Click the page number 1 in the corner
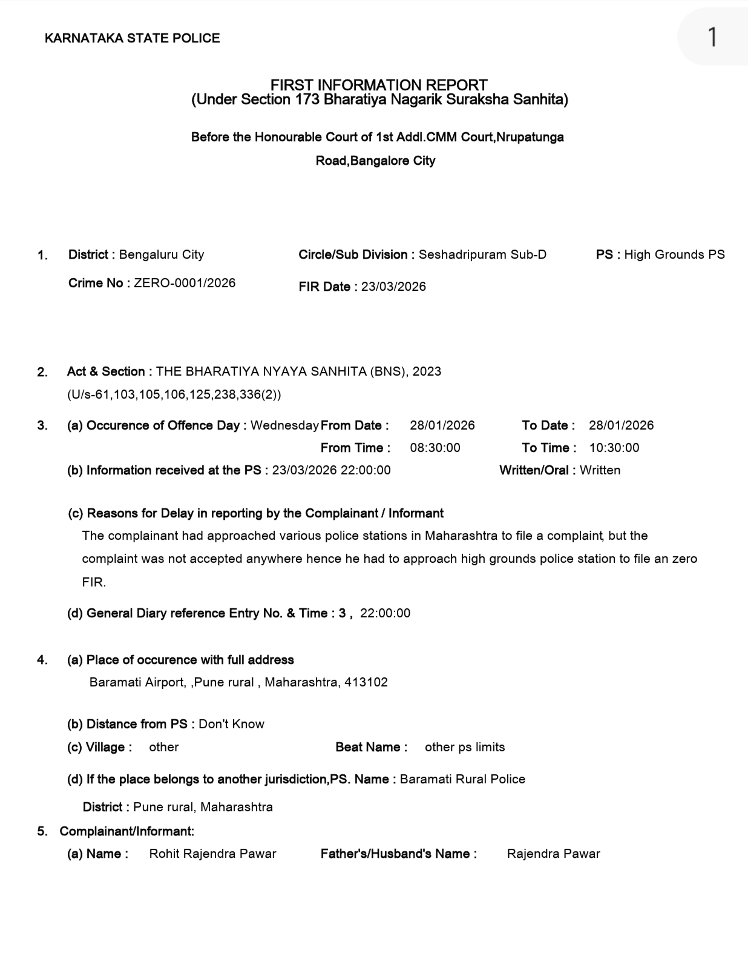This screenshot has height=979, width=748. [x=712, y=37]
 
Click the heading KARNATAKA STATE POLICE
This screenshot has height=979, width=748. [x=132, y=38]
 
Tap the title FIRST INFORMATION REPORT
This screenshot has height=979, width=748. [x=379, y=85]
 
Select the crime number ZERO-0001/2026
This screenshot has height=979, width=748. [x=185, y=283]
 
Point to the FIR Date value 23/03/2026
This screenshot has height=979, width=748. [x=393, y=287]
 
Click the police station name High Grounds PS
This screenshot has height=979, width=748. [x=674, y=254]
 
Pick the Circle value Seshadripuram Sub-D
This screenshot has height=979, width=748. [x=482, y=254]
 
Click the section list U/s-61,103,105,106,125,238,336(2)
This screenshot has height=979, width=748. [x=174, y=394]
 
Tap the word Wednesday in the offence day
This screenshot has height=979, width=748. [x=284, y=425]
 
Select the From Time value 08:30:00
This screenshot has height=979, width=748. [x=435, y=448]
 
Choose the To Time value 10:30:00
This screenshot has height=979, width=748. [x=614, y=448]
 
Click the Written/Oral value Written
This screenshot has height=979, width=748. [x=600, y=470]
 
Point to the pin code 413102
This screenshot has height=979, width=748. [x=366, y=682]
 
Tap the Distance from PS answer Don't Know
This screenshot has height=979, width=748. [x=231, y=724]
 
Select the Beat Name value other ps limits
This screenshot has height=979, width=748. [x=465, y=747]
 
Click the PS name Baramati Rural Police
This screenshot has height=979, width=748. [x=462, y=779]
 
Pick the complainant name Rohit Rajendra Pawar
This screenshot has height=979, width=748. [x=212, y=854]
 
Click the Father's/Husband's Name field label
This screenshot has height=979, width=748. [x=398, y=854]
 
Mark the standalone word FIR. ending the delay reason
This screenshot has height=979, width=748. [x=94, y=582]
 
